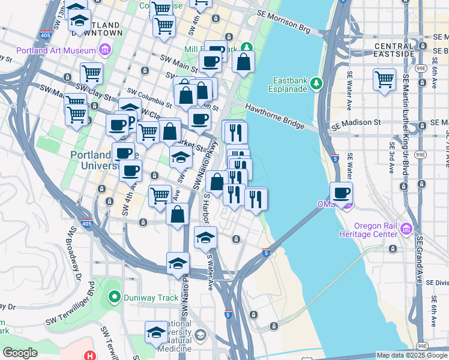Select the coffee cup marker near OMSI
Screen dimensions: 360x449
341,193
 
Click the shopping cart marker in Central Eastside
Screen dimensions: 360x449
384,80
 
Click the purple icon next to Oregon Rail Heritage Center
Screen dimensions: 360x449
407,229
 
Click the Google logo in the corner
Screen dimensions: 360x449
20,353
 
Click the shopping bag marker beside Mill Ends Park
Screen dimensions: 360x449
243,62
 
